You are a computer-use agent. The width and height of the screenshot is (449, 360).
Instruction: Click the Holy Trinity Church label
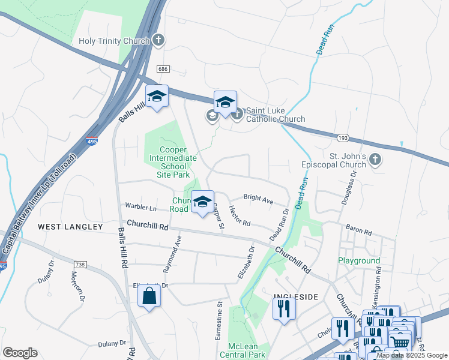point(114,41)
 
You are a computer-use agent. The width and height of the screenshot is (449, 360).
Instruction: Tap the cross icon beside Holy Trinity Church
point(158,41)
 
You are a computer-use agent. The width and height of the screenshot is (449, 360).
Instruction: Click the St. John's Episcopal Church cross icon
point(375,160)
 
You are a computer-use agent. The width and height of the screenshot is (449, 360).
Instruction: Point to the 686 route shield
point(162,70)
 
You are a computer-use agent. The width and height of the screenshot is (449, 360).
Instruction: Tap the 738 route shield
point(80,264)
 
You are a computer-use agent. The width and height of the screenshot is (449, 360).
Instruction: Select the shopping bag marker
point(149,296)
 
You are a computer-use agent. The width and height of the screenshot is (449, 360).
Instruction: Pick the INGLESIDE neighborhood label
point(295,296)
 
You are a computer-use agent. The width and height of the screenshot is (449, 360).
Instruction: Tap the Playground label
point(358,261)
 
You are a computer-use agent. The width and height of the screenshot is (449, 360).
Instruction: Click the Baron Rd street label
point(359,229)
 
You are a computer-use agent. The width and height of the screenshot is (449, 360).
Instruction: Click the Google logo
point(20,353)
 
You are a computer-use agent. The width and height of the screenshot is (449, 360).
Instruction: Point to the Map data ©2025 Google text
point(412,355)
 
